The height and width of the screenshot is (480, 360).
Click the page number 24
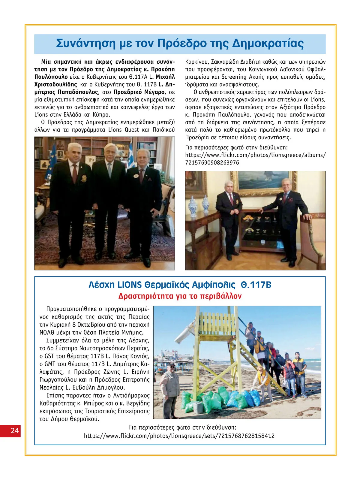[14, 431]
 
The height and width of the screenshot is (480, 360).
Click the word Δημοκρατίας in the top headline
[268, 44]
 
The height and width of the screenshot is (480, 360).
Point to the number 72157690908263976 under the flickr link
[212, 163]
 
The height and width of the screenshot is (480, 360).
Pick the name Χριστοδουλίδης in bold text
[55, 85]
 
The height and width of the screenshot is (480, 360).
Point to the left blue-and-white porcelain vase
[192, 206]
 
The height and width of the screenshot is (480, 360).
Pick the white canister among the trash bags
[198, 408]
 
